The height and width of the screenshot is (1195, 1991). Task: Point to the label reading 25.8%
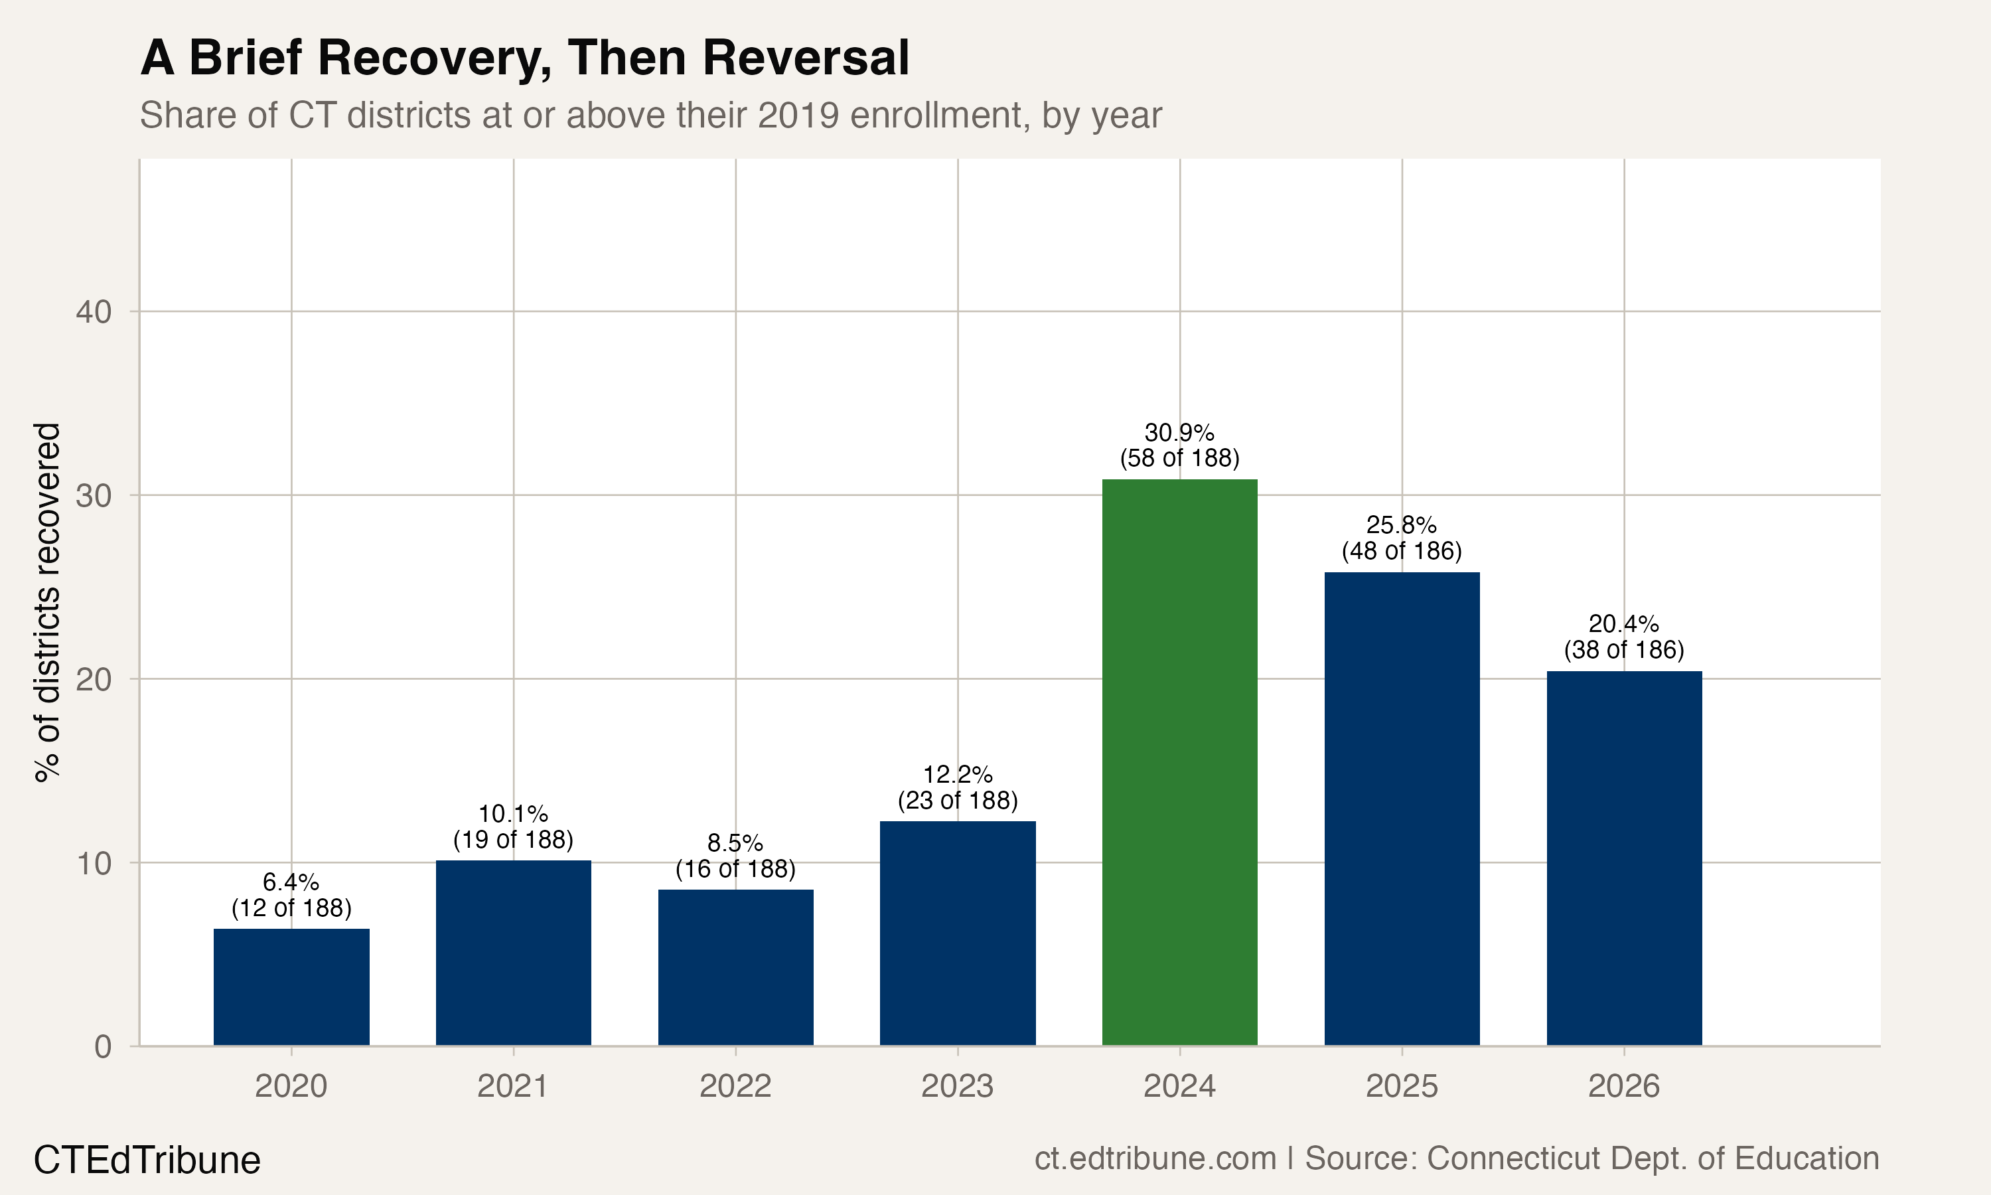click(1401, 525)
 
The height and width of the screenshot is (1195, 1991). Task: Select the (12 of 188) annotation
click(291, 908)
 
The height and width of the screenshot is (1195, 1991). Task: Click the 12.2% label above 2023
click(958, 775)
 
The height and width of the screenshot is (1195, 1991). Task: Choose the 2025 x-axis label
click(1401, 1086)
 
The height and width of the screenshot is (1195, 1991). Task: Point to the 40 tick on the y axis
click(94, 311)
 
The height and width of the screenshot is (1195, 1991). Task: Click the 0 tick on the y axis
click(103, 1047)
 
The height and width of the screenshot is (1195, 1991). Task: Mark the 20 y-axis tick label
click(94, 680)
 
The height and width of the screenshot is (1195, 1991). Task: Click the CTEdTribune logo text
click(147, 1160)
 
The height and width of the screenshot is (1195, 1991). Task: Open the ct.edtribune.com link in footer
click(1155, 1158)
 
